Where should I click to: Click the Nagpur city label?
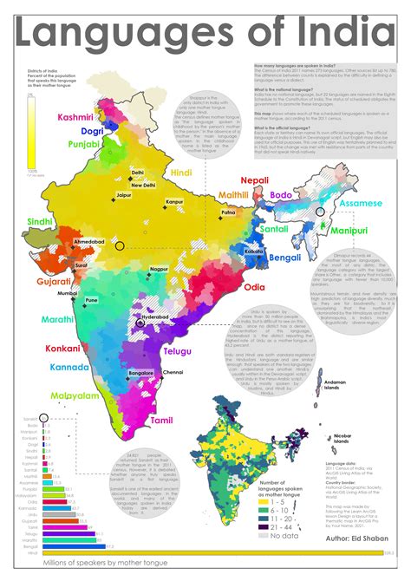click(159, 270)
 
